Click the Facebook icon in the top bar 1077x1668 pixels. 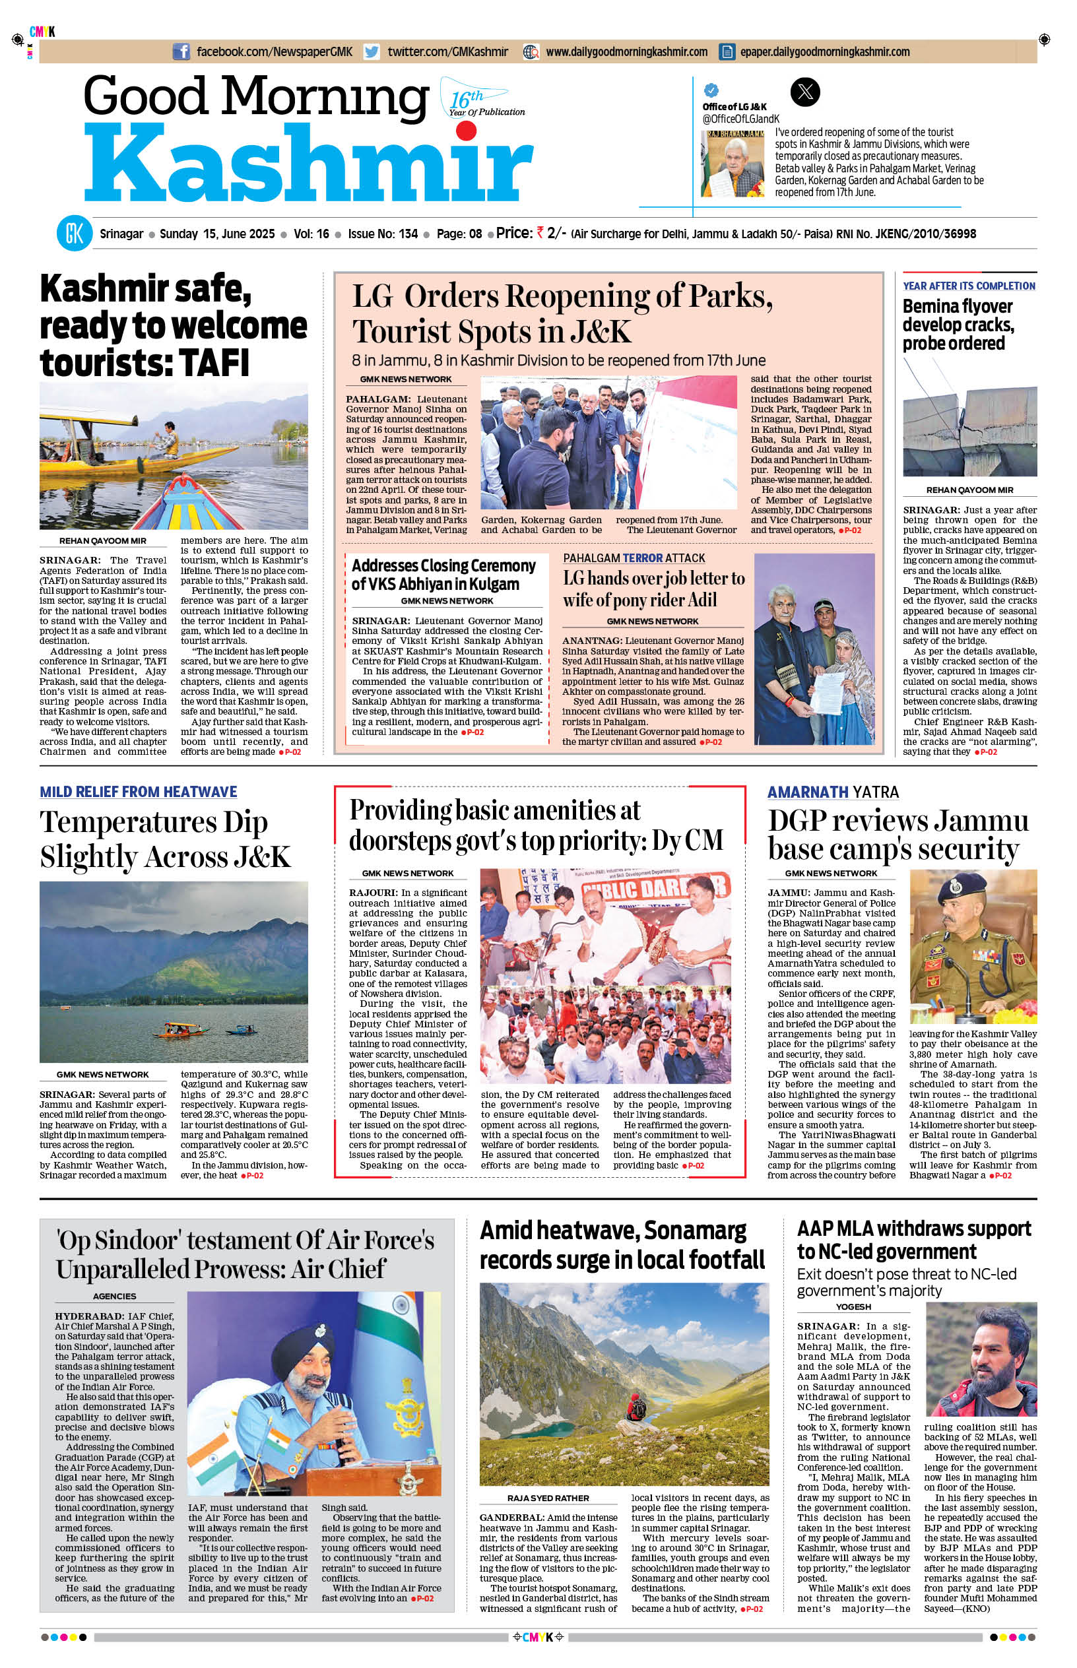point(181,51)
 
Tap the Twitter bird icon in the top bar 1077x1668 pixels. point(372,51)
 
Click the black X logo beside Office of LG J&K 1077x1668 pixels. point(804,92)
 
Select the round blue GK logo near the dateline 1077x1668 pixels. point(74,234)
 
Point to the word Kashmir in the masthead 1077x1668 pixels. point(308,165)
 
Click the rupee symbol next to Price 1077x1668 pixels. point(540,233)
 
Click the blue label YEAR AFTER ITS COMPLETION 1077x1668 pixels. point(969,286)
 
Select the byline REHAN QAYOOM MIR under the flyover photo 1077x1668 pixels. point(969,490)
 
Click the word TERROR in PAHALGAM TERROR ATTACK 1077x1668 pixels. point(643,558)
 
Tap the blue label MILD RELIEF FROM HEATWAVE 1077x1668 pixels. point(139,791)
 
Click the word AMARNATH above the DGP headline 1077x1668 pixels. point(808,792)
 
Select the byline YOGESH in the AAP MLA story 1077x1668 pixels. point(853,1306)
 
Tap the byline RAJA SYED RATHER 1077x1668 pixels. point(548,1498)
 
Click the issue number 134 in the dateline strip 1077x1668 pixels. point(408,234)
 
